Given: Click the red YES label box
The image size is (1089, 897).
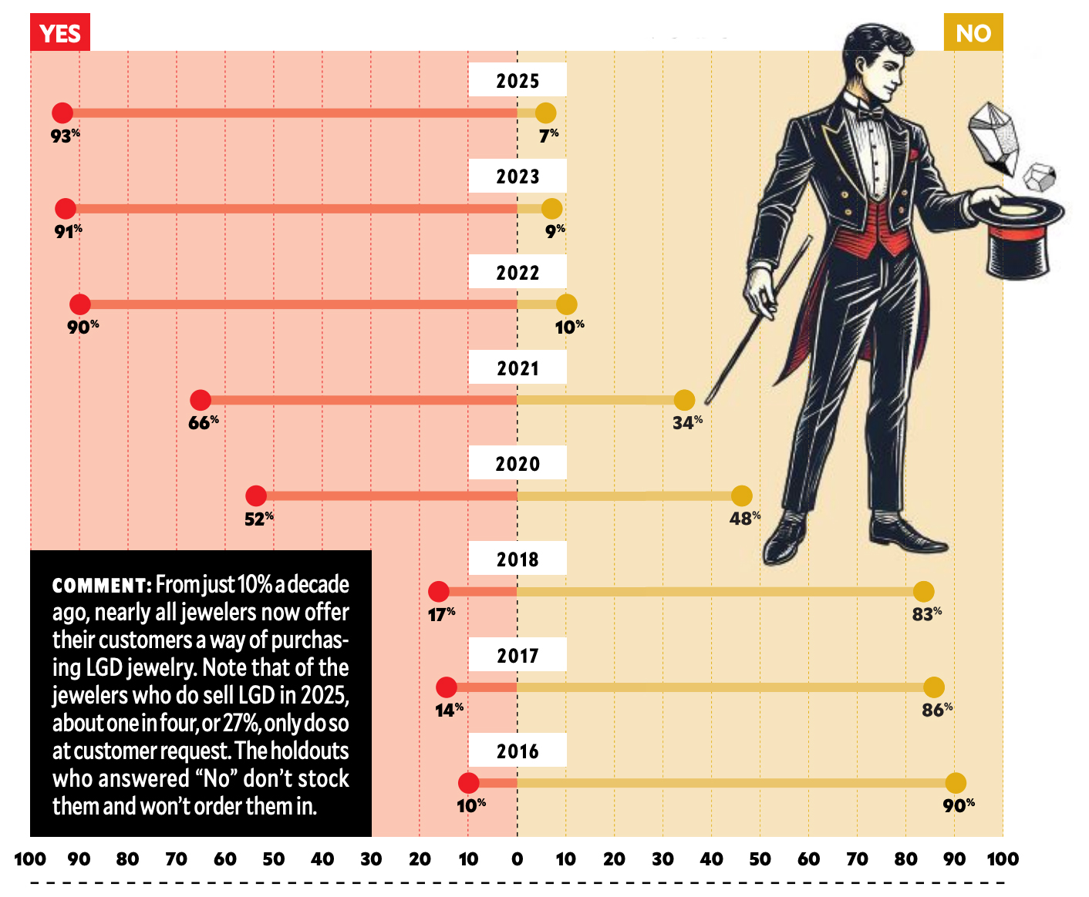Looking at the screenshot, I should pyautogui.click(x=60, y=33).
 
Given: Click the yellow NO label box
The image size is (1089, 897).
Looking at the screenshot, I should pyautogui.click(x=973, y=33).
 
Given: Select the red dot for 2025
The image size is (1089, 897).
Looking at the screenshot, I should pyautogui.click(x=62, y=113).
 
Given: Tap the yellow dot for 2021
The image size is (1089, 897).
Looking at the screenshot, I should pyautogui.click(x=684, y=400).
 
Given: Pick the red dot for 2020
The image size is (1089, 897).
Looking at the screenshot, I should pyautogui.click(x=256, y=496).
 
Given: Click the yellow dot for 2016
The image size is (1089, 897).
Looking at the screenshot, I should pyautogui.click(x=956, y=783).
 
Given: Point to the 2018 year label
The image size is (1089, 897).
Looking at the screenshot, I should pyautogui.click(x=518, y=559).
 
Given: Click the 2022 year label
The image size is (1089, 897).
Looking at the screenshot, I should pyautogui.click(x=518, y=273).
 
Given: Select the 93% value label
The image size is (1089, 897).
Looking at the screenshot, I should pyautogui.click(x=65, y=136).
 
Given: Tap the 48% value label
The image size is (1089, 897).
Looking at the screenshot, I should pyautogui.click(x=744, y=518).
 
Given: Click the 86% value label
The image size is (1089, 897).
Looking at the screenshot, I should pyautogui.click(x=937, y=710).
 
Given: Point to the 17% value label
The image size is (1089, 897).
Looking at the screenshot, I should pyautogui.click(x=441, y=614).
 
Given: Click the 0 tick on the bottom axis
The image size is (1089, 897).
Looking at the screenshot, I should pyautogui.click(x=518, y=858).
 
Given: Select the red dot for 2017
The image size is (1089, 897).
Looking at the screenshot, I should pyautogui.click(x=447, y=687).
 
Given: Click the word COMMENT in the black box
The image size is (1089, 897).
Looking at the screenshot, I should pyautogui.click(x=101, y=586).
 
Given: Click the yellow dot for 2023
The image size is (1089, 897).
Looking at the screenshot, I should pyautogui.click(x=551, y=208).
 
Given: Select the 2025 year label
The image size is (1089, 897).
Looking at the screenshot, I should pyautogui.click(x=518, y=81).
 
